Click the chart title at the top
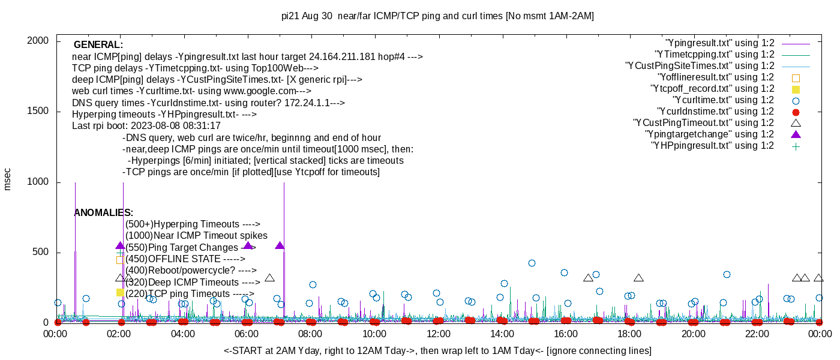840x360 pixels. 437,16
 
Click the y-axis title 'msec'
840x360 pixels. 8,179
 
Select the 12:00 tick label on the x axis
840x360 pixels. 438,334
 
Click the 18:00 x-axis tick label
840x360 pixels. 629,334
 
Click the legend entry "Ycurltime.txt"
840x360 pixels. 724,100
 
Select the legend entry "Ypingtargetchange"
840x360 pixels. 709,134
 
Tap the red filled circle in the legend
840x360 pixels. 796,112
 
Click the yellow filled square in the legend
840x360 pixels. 796,89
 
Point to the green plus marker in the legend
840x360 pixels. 796,146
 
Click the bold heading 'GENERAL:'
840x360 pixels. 98,45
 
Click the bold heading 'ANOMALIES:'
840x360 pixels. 103,213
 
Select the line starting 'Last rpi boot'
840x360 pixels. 146,126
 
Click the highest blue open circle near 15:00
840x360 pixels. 532,263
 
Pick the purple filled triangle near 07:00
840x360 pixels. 280,246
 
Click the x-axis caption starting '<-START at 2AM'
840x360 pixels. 437,350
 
